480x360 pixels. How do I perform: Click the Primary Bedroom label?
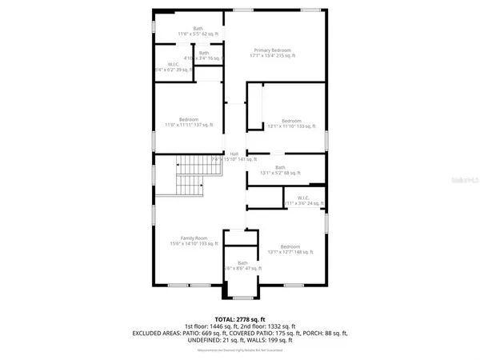(x=274, y=50)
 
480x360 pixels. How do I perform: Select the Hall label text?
(x=234, y=154)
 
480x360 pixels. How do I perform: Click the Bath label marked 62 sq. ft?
(x=186, y=29)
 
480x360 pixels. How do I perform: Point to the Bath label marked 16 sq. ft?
(x=204, y=53)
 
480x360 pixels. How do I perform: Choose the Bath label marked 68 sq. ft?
(x=280, y=167)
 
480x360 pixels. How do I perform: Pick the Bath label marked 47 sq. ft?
(x=242, y=262)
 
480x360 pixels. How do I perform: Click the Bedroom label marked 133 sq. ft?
(x=290, y=121)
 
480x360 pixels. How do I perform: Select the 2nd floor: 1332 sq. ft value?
(x=269, y=326)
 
